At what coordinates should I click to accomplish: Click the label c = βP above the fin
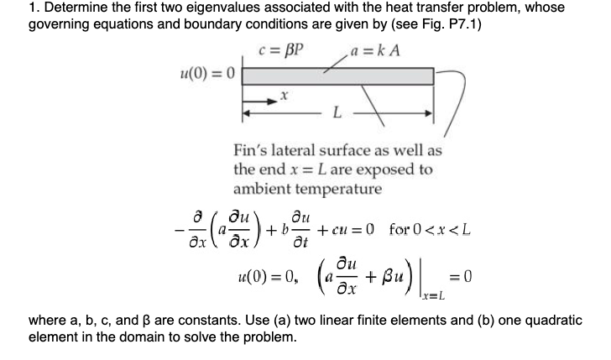coord(282,49)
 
